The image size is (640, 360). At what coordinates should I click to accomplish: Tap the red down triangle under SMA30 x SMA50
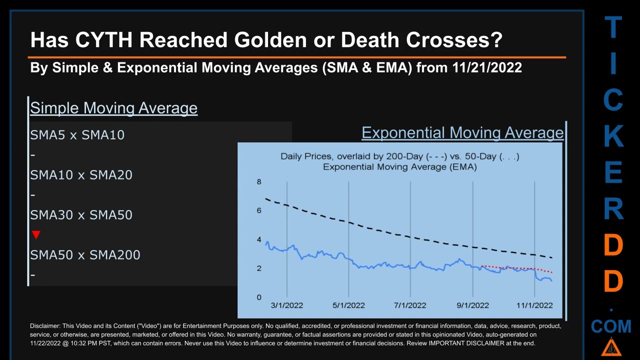tap(36, 234)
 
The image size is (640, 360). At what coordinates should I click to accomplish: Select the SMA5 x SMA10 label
tap(77, 134)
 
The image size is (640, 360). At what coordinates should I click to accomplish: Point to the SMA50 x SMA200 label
tap(85, 254)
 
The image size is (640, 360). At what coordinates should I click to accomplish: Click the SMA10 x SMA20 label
tap(81, 174)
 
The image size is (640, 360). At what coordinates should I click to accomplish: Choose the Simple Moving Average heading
tap(113, 108)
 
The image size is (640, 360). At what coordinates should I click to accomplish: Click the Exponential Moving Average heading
tap(462, 132)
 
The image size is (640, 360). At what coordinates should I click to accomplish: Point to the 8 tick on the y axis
tap(259, 181)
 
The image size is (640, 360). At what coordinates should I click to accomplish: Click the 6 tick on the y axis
tap(259, 210)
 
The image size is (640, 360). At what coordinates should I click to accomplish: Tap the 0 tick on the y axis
tap(259, 297)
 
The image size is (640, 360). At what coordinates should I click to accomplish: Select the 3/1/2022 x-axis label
tap(286, 305)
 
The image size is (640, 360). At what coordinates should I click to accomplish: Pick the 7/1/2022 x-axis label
tap(410, 305)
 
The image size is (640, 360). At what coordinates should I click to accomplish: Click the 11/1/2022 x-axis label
tap(534, 305)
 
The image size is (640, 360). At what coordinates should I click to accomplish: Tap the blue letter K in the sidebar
tap(613, 136)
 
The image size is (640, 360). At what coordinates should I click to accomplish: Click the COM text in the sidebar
tap(611, 326)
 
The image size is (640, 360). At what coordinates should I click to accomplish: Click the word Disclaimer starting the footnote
tap(45, 326)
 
